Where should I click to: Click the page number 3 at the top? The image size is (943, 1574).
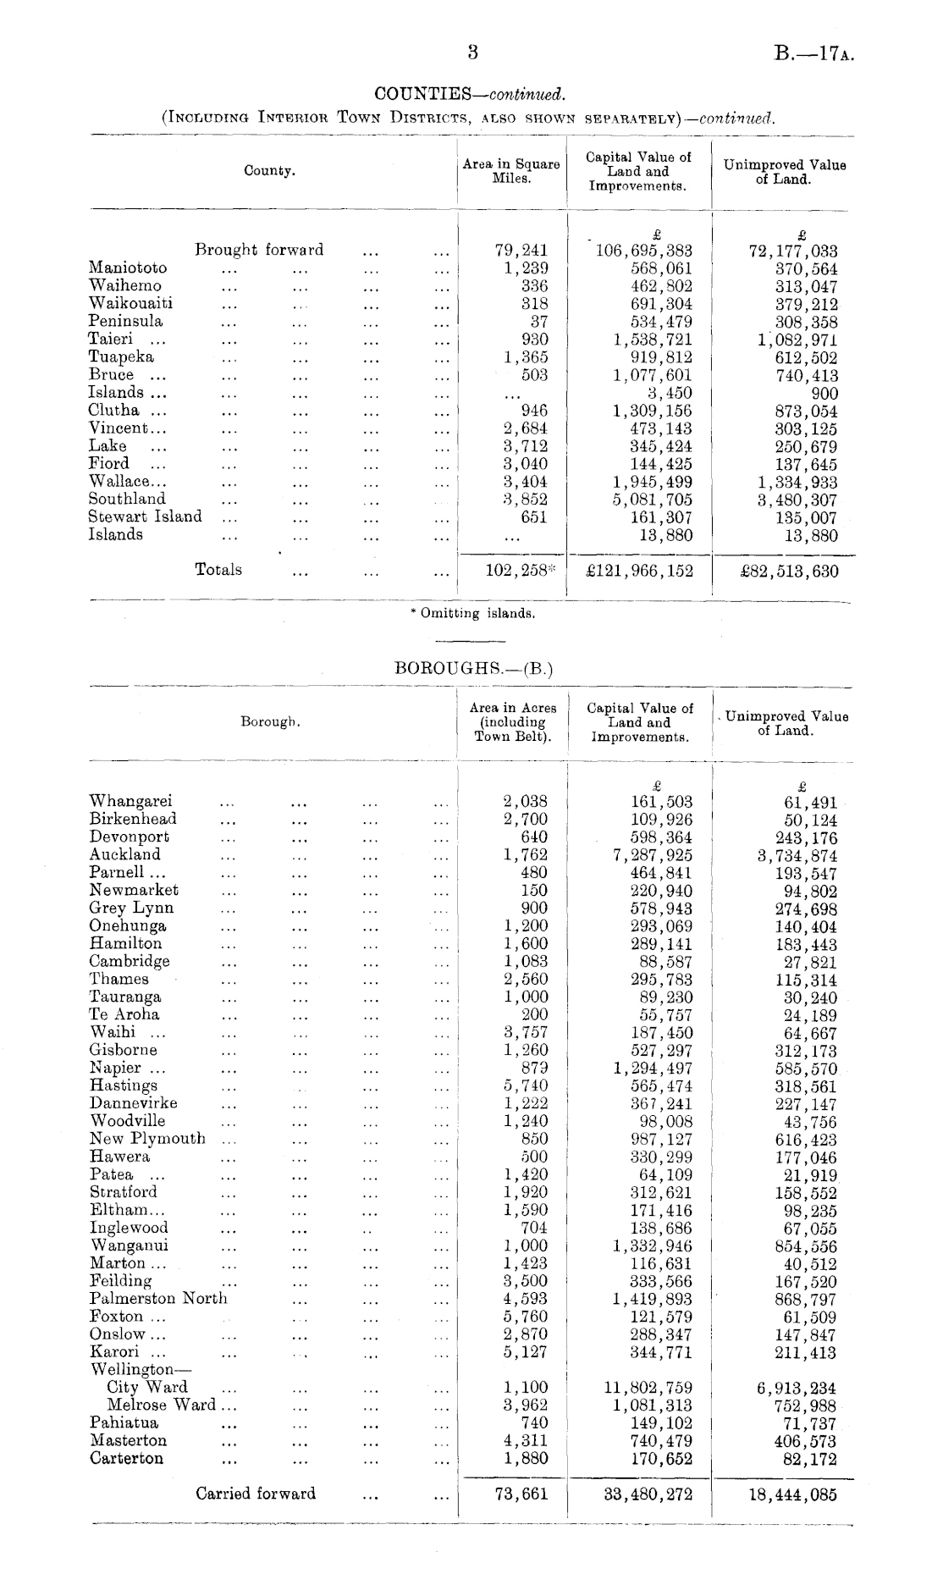point(472,52)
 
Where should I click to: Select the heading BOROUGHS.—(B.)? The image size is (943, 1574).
point(474,668)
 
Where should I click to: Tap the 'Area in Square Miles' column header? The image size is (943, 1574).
point(511,171)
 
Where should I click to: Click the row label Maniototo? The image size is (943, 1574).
point(128,268)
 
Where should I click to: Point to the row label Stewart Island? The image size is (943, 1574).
point(146,516)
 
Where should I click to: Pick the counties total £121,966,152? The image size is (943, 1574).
point(639,572)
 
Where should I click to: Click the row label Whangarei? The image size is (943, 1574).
point(131,801)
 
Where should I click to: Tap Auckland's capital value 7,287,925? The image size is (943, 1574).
point(652,855)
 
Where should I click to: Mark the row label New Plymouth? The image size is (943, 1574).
point(147,1139)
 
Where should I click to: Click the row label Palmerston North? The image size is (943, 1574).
point(158,1299)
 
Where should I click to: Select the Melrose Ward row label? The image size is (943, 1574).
point(161,1405)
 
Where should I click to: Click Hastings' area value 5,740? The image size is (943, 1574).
point(525,1085)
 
